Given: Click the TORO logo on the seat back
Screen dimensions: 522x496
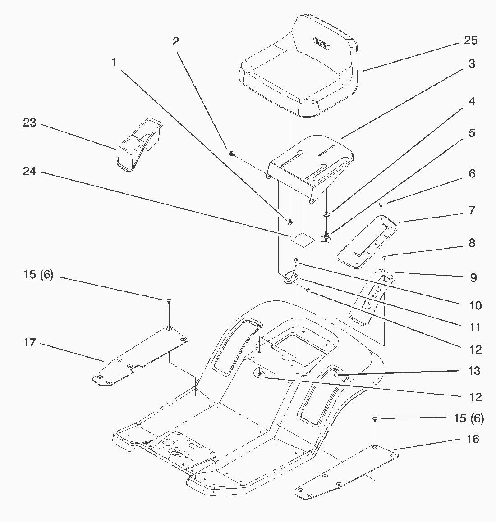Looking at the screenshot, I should (x=322, y=43).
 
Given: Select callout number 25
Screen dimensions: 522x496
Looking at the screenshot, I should (x=471, y=41).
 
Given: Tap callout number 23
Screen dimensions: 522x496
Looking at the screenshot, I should (x=30, y=123).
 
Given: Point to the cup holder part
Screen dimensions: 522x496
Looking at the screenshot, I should (x=139, y=144).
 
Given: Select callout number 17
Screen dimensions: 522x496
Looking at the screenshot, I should (x=30, y=343).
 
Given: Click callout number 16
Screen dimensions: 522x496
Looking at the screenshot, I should (x=473, y=439).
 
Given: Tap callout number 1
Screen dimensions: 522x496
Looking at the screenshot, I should (x=114, y=62).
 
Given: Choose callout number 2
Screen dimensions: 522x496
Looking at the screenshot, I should (x=175, y=41).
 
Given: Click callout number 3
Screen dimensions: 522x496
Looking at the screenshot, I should (x=472, y=64).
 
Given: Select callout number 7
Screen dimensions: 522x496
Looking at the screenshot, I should (x=472, y=210).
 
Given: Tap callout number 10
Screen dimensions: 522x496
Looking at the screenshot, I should (x=475, y=306).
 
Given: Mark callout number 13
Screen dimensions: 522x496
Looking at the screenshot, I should (x=474, y=371).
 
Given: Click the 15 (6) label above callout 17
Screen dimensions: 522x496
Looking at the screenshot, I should (x=38, y=274).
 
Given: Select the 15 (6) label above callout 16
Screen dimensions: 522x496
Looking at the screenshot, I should (x=469, y=418).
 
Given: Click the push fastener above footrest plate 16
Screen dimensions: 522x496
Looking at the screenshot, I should (x=374, y=419).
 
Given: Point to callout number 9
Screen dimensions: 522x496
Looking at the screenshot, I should (x=473, y=278).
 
